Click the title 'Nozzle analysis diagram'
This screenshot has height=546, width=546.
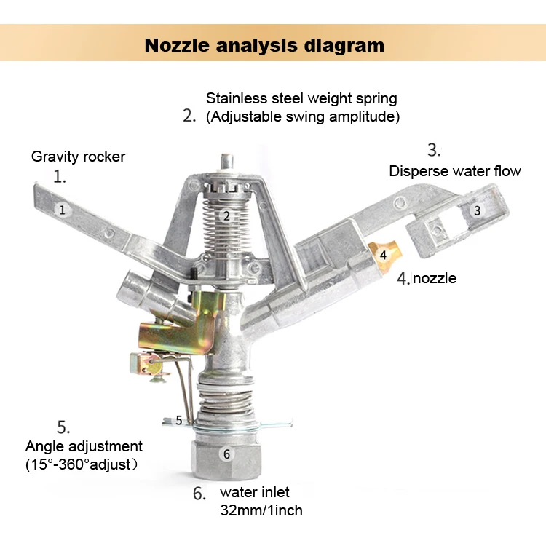pos(264,45)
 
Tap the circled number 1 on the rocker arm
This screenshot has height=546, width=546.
pos(63,210)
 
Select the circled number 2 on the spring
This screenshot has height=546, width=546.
pos(226,216)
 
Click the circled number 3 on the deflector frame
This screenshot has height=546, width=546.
pos(477,210)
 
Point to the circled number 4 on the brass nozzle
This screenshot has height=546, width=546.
pos(383,255)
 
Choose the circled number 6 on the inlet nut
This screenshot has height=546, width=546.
pos(226,454)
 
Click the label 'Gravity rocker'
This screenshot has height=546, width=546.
pos(78,157)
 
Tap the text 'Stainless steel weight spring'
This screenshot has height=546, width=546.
pos(301,98)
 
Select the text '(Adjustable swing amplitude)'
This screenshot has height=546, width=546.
pos(303,116)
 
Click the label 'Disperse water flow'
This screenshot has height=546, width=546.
pos(455,171)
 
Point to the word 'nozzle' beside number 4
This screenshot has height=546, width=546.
pos(435,278)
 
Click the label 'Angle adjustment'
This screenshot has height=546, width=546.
pos(84,446)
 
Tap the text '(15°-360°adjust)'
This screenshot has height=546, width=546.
pos(82,464)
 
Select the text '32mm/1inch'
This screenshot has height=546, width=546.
pos(261,510)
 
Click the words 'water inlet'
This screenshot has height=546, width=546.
pos(255,492)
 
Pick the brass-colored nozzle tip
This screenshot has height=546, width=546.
pos(385,256)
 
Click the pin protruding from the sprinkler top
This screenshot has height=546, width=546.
pos(227,162)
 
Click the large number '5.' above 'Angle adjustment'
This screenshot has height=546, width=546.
pos(63,427)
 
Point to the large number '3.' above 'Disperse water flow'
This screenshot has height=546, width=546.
pos(434,150)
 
